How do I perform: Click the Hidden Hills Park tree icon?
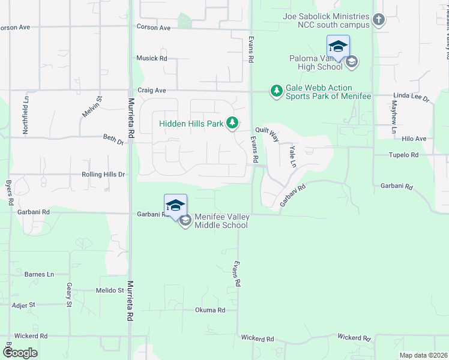[232, 124]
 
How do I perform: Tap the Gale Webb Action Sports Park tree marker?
[277, 91]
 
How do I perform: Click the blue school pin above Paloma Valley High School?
[338, 47]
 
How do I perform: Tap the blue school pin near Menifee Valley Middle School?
[175, 206]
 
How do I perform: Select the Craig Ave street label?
[151, 91]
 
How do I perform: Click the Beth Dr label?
[113, 142]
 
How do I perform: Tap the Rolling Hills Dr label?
[103, 175]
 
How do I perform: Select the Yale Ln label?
[292, 155]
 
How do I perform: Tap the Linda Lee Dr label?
[411, 97]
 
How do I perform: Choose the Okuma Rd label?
[209, 310]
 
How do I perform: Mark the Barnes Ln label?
[39, 274]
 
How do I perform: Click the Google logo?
[20, 353]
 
